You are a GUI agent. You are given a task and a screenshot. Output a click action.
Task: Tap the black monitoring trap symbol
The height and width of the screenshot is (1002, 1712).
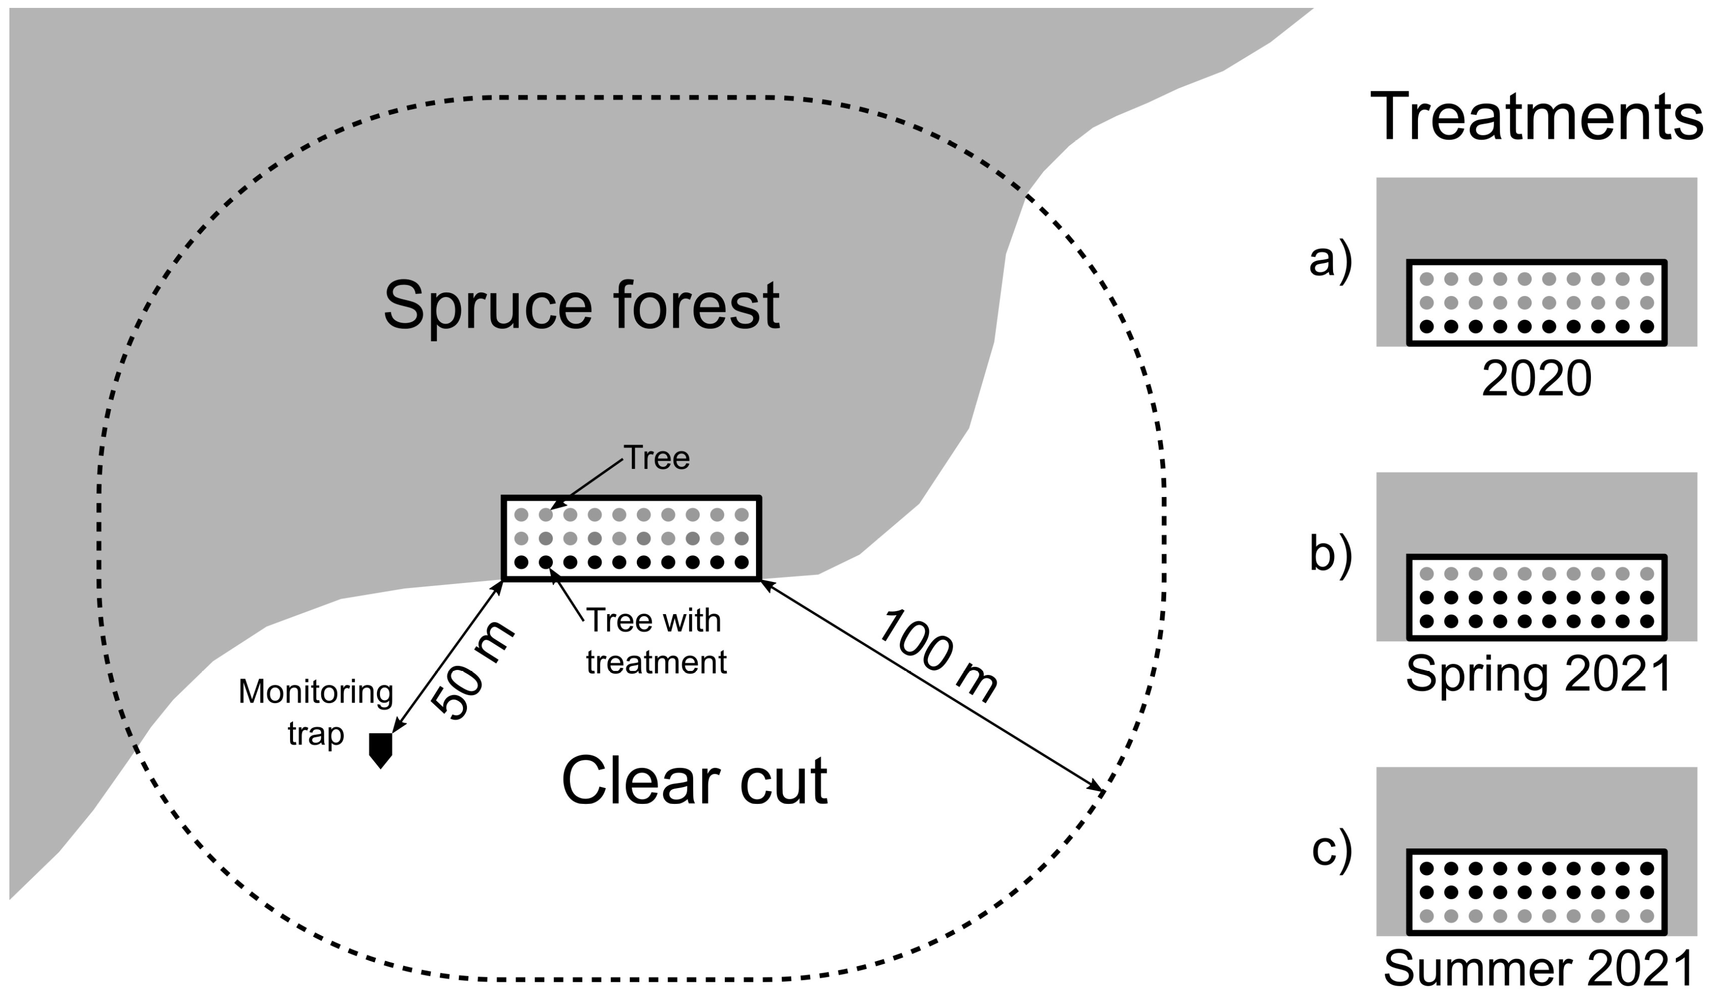point(380,750)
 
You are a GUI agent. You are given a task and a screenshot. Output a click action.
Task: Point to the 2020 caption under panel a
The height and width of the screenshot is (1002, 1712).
point(1537,379)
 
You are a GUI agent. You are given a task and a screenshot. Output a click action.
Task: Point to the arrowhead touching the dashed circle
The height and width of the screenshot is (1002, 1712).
point(1098,790)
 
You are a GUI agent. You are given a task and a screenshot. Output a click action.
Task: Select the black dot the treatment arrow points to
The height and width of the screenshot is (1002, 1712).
point(545,562)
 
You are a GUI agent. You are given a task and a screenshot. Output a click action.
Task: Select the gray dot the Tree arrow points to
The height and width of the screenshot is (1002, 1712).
point(545,515)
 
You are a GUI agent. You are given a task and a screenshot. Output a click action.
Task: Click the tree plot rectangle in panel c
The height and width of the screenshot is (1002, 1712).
point(1537,892)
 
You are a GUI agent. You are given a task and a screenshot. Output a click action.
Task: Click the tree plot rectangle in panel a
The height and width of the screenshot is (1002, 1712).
point(1537,303)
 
